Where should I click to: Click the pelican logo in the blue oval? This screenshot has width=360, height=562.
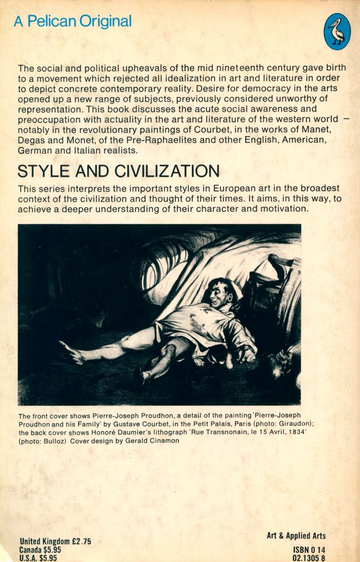tap(338, 31)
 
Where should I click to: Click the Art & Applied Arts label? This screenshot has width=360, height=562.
tap(296, 536)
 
